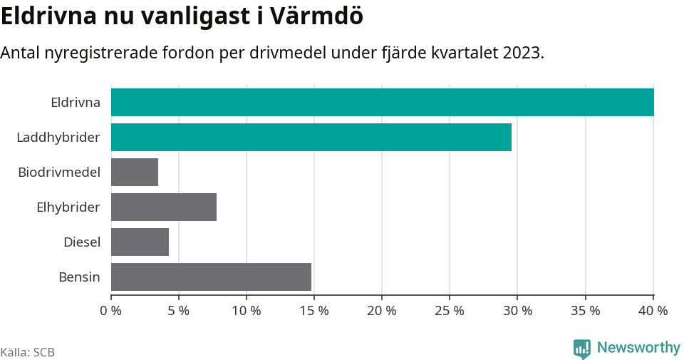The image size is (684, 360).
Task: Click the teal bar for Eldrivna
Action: [382, 102]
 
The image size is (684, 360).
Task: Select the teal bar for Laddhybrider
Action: [311, 137]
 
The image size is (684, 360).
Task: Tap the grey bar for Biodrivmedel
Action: [135, 172]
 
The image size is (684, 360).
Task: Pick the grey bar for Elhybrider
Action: [164, 207]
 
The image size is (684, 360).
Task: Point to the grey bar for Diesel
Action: [140, 242]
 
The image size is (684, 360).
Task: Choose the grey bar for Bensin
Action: [211, 277]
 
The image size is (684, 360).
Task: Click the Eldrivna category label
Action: [76, 102]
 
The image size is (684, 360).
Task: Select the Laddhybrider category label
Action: [58, 137]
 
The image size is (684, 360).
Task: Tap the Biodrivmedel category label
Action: [59, 172]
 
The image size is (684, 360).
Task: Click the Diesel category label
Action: [82, 242]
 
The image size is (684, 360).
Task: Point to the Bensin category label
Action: [79, 277]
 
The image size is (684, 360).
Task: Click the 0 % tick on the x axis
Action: [111, 311]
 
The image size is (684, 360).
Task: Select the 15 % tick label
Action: [314, 311]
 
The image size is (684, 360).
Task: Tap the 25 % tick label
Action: [450, 311]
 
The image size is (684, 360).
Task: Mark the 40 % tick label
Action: [653, 311]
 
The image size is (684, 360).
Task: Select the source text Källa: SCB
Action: [28, 352]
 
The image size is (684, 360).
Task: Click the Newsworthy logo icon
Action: [582, 349]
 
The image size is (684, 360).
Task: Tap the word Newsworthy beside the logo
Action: [638, 348]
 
